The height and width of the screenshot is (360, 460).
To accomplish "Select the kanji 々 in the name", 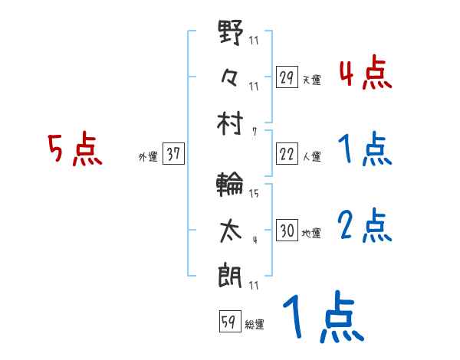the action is tap(231, 77).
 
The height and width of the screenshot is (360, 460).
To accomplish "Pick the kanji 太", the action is tap(231, 230).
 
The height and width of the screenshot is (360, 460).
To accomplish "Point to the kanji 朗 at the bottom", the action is tap(231, 272).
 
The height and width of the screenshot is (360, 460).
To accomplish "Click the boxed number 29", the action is tap(287, 77).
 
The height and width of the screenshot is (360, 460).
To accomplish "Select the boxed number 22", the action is tap(287, 154).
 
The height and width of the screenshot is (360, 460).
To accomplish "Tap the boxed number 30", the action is tap(287, 231).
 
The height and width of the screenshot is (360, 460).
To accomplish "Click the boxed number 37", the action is tap(173, 154).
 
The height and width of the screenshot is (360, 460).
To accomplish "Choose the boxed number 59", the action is tap(229, 322).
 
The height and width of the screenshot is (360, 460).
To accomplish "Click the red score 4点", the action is tap(365, 74).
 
